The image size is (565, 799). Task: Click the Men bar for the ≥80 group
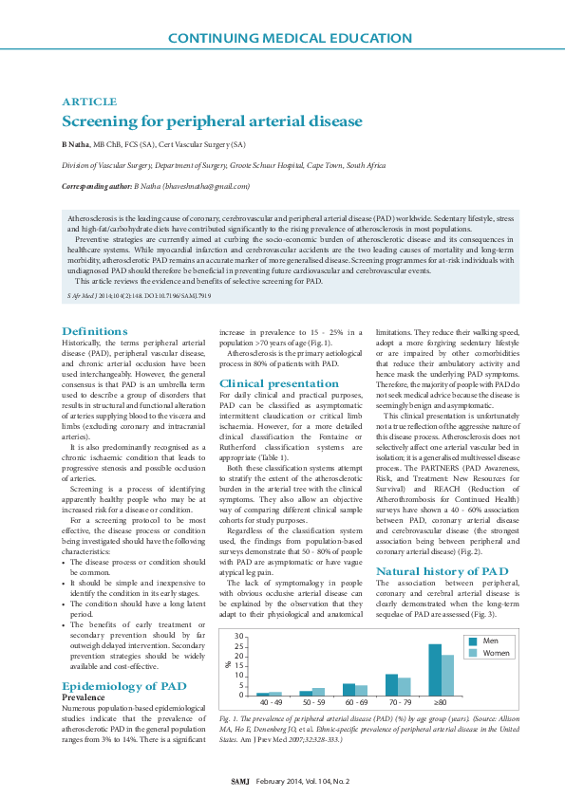[x=435, y=670]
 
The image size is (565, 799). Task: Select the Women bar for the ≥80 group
[x=447, y=676]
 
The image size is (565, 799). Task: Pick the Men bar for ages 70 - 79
[x=391, y=685]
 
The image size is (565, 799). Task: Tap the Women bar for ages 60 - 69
[x=361, y=691]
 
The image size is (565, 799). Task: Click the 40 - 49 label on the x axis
[x=270, y=704]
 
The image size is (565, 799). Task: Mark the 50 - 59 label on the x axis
[x=312, y=704]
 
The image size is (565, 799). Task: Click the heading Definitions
[x=94, y=331]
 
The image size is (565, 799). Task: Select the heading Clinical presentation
[x=278, y=383]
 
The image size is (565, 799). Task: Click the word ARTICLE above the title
[x=89, y=102]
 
